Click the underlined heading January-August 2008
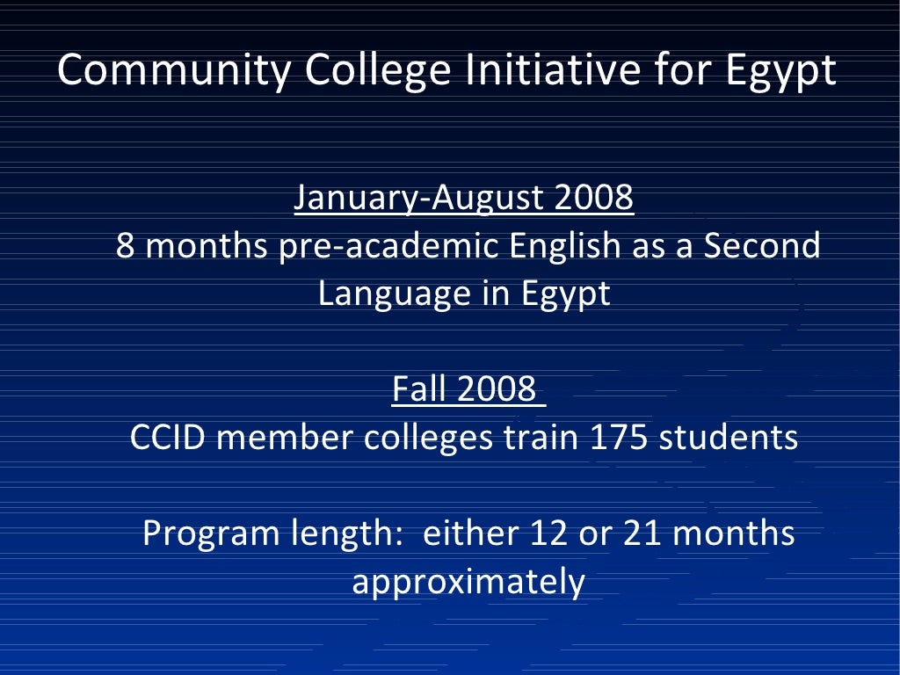tap(463, 199)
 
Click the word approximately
tap(468, 582)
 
